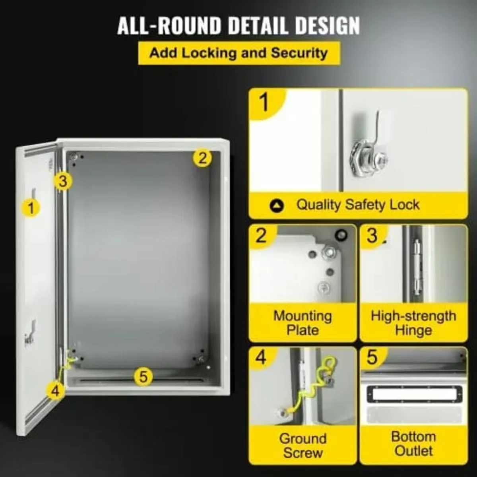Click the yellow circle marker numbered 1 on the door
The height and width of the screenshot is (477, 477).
pos(31,207)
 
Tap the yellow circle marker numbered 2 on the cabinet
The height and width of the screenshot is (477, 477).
pos(202,158)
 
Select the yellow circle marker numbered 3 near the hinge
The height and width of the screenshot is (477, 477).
pos(63,181)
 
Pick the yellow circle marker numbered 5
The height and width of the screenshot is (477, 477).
pos(143,376)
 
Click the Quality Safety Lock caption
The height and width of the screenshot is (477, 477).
pos(358,205)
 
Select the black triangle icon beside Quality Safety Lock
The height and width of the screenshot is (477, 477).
pos(277,206)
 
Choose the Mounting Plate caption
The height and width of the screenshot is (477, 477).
pos(302,323)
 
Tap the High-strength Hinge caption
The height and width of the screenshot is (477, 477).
pos(413,323)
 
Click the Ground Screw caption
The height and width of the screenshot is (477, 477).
pos(302,445)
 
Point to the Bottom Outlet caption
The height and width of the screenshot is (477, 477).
pos(413,444)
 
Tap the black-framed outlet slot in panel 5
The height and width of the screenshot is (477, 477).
pos(413,395)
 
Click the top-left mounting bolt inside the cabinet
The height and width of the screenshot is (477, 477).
pos(74,158)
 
